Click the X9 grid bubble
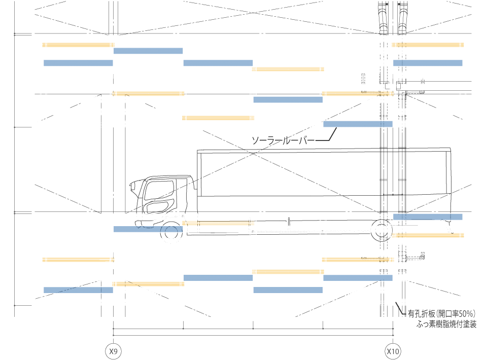tap(113, 351)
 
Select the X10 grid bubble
tap(393, 351)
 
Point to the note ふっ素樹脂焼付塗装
tap(446, 325)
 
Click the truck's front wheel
tap(171, 232)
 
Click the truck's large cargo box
tap(325, 177)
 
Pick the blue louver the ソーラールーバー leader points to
tap(358, 124)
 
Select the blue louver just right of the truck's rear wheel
tap(428, 217)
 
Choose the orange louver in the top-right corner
tap(428, 45)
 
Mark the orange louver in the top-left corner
tap(78, 45)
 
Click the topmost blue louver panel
tap(148, 51)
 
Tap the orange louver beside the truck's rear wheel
tap(428, 235)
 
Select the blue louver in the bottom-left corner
tap(78, 290)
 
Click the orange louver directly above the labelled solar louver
tap(358, 93)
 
